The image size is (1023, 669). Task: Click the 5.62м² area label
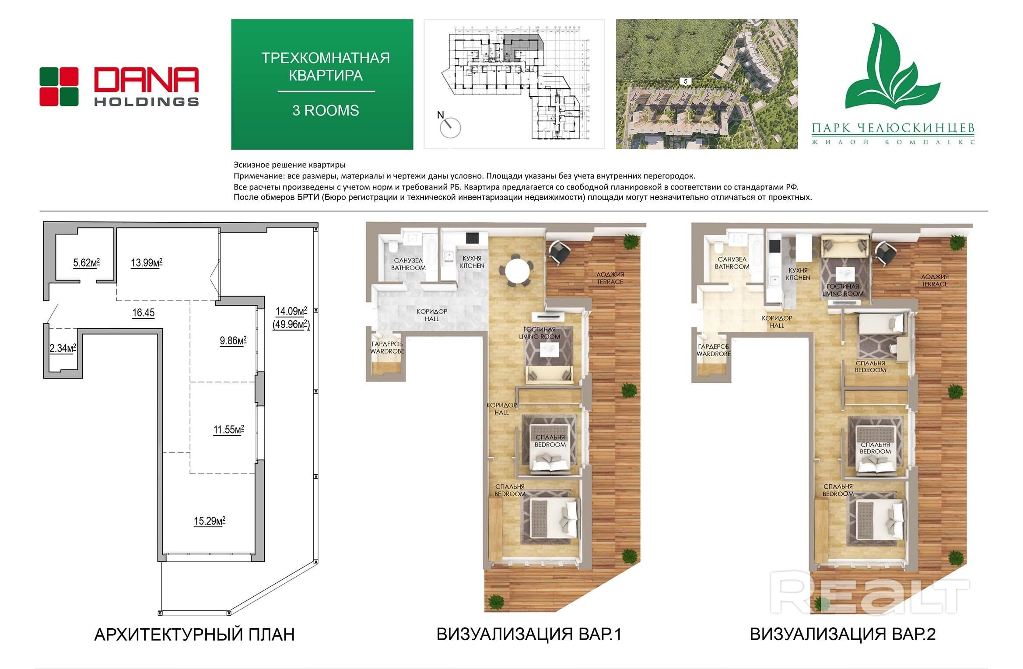(x=86, y=263)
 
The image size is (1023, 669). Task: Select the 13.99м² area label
(x=147, y=263)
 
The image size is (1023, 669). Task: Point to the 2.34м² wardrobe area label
(x=63, y=348)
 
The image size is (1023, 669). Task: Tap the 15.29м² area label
(x=210, y=521)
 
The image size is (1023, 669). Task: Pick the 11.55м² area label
(x=228, y=430)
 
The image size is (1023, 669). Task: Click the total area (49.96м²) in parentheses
(x=291, y=325)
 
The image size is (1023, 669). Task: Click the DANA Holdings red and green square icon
(x=59, y=87)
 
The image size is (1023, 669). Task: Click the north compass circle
(x=450, y=128)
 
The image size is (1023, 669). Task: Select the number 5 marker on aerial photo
(x=685, y=81)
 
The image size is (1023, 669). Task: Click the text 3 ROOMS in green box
(x=326, y=111)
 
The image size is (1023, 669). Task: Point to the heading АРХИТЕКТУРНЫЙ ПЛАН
(x=194, y=634)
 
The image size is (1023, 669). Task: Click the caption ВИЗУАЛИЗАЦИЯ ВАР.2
(x=842, y=634)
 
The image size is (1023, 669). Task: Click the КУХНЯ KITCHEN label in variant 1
(x=472, y=262)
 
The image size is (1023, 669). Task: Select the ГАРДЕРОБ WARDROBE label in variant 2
(x=714, y=350)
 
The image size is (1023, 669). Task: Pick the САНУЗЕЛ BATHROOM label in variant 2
(x=732, y=263)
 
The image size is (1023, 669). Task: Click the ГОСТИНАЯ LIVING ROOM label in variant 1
(x=540, y=333)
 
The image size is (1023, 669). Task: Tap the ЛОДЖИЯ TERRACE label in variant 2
(x=935, y=280)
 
